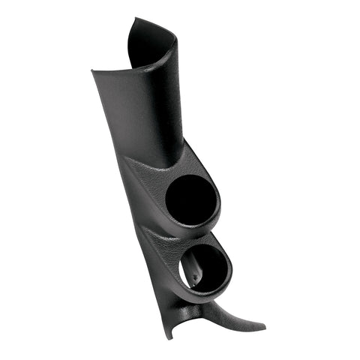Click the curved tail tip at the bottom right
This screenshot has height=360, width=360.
coord(264,328)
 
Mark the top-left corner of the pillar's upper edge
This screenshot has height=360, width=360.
coord(92,72)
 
